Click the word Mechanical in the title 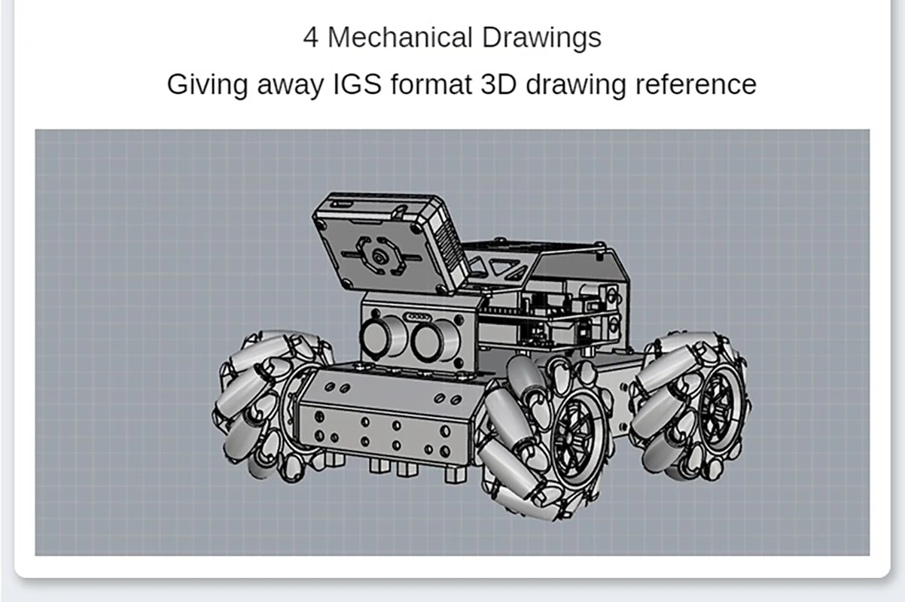click(400, 38)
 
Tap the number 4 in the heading click(310, 38)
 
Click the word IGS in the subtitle click(357, 84)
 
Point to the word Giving click(207, 85)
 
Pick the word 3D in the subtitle click(498, 84)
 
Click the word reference click(696, 84)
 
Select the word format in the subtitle click(431, 84)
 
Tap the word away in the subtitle click(291, 86)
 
